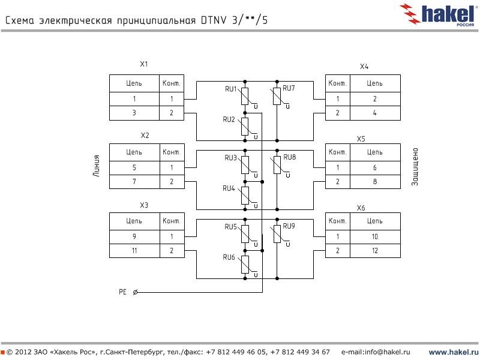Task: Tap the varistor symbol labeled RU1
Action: (245, 96)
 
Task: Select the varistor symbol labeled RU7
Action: (277, 96)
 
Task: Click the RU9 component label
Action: (289, 226)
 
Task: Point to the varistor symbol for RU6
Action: (245, 264)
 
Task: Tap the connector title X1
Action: (143, 64)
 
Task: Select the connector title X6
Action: (361, 208)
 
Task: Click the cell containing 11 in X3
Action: (134, 250)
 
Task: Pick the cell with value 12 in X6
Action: (374, 250)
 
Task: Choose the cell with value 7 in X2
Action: (134, 181)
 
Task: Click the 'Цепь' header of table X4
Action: (374, 83)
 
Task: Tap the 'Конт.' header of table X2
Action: (171, 152)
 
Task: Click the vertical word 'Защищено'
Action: (415, 167)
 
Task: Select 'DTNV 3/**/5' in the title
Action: (234, 20)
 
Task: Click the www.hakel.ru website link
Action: (453, 352)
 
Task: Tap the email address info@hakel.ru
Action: (376, 352)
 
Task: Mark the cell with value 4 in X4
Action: (374, 112)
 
